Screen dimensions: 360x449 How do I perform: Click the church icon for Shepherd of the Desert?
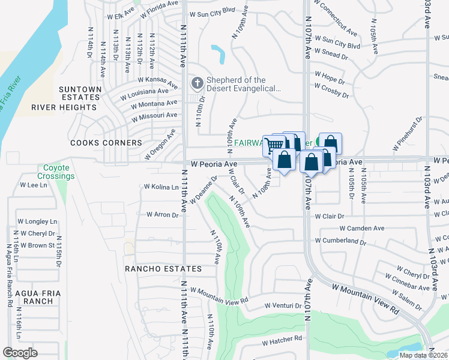196,82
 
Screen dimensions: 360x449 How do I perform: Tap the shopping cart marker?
274,145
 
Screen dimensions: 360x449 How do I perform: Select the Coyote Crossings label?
56,172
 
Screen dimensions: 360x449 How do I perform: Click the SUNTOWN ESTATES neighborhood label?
79,93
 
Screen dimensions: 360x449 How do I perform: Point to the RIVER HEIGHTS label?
64,107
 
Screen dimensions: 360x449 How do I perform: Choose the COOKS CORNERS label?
106,143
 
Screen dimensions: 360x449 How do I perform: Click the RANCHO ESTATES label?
163,268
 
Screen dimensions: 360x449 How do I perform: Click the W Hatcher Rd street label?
282,341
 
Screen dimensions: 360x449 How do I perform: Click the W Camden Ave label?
361,229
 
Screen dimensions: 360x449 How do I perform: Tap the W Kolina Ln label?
161,187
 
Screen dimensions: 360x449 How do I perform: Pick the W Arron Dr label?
163,214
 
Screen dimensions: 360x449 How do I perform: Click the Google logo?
20,352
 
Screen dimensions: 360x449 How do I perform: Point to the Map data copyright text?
423,355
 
